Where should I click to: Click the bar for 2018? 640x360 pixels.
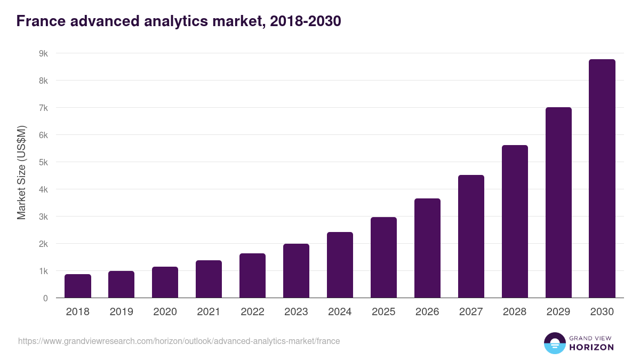pos(78,286)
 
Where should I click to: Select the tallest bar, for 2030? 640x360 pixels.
pos(602,179)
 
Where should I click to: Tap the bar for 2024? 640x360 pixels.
pos(340,265)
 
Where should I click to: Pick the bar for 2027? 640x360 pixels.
pos(471,236)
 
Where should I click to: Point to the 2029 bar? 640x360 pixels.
pos(558,203)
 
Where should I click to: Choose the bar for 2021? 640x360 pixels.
pos(209,279)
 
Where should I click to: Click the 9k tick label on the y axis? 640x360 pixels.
pos(43,53)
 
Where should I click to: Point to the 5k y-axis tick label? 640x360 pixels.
pos(43,162)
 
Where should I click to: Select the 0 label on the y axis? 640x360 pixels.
pos(45,298)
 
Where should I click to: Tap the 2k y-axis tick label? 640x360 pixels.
pos(43,244)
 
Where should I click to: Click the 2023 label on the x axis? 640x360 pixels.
pos(296,312)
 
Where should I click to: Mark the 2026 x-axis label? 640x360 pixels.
pos(427,312)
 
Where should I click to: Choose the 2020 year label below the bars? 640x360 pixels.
pos(165,312)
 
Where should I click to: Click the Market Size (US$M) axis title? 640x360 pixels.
pos(21,172)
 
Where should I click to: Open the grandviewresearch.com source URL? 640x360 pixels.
pos(179,341)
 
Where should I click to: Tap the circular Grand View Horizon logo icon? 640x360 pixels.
pos(555,343)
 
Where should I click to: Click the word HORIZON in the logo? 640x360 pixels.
pos(591,347)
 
